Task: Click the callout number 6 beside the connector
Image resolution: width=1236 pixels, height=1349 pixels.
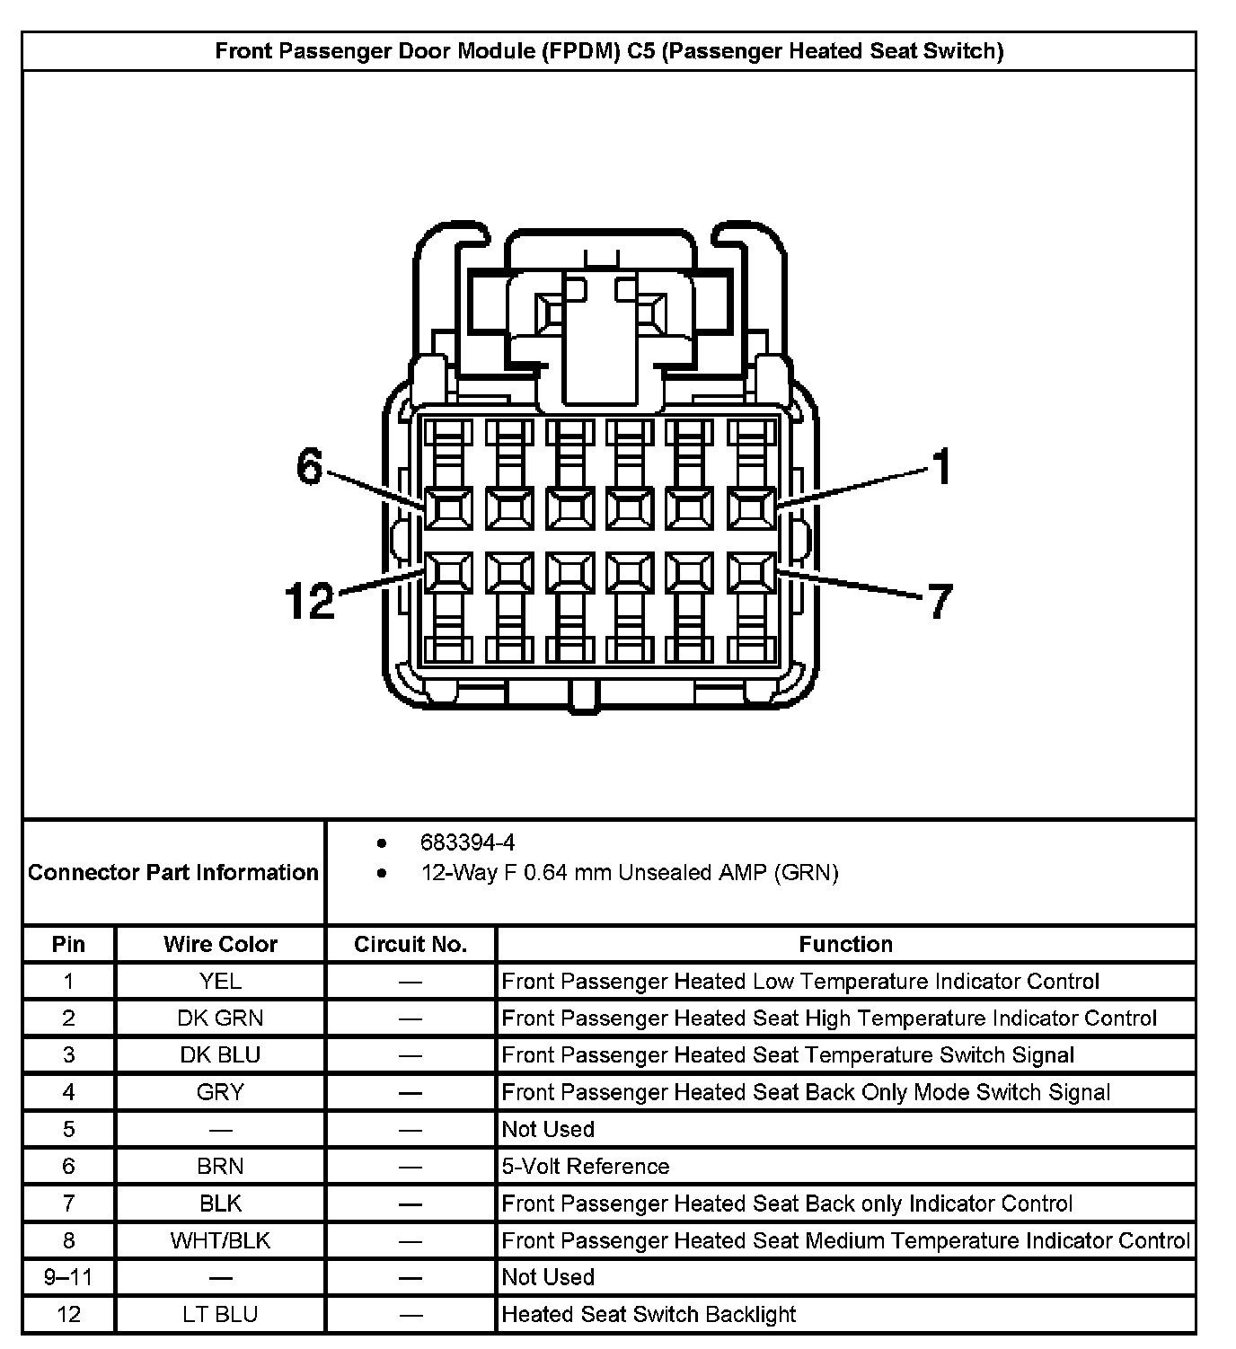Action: [x=309, y=467]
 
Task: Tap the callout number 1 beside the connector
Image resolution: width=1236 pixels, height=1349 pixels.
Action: [x=940, y=467]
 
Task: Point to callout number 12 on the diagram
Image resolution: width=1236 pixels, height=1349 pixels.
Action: [x=309, y=601]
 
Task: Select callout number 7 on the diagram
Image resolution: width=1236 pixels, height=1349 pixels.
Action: [x=939, y=601]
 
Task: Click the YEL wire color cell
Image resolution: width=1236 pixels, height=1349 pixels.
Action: [x=220, y=981]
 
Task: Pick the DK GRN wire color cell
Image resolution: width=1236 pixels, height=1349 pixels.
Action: [x=220, y=1018]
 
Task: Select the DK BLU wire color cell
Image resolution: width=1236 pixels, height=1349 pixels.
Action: [x=220, y=1054]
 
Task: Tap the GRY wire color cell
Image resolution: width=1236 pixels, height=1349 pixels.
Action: [x=220, y=1092]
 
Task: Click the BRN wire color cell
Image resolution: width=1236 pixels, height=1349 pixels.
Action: [x=220, y=1166]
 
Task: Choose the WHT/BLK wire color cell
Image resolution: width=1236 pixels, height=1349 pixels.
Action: [x=220, y=1240]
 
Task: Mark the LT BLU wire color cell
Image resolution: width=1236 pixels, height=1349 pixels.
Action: [x=220, y=1314]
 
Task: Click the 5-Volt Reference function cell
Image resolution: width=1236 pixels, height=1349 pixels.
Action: [x=586, y=1166]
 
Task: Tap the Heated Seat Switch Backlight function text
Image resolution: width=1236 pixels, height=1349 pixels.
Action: [x=649, y=1314]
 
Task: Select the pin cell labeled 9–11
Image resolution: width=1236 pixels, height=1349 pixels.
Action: [x=68, y=1277]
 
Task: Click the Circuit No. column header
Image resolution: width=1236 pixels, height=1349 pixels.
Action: [x=411, y=944]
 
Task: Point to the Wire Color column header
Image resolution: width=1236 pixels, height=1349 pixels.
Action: [x=220, y=944]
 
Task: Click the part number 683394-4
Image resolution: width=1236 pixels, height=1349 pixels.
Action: [x=467, y=842]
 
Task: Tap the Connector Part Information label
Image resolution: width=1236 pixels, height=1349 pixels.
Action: [x=173, y=872]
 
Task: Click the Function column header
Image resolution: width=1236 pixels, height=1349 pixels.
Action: [x=845, y=944]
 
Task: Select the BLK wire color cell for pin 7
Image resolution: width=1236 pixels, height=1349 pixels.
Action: [x=220, y=1203]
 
